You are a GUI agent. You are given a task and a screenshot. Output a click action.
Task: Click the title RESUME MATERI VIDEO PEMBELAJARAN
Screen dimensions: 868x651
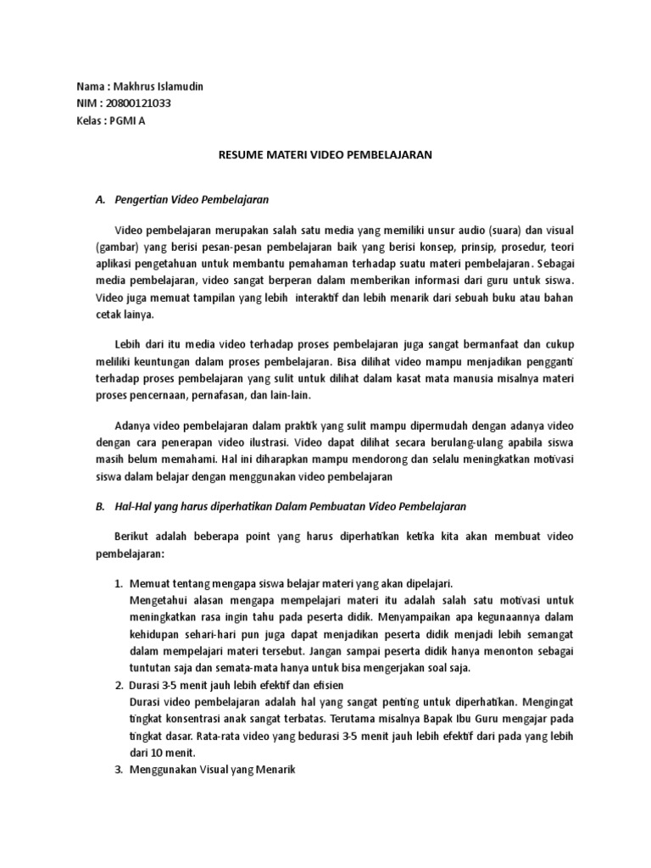[x=325, y=156]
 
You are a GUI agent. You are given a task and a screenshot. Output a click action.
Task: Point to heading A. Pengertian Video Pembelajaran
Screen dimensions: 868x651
[x=182, y=200]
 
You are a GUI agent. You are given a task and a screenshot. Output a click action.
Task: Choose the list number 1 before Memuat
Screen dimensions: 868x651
[x=119, y=584]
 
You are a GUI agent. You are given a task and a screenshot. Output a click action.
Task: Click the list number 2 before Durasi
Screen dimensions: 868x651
[x=119, y=684]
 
